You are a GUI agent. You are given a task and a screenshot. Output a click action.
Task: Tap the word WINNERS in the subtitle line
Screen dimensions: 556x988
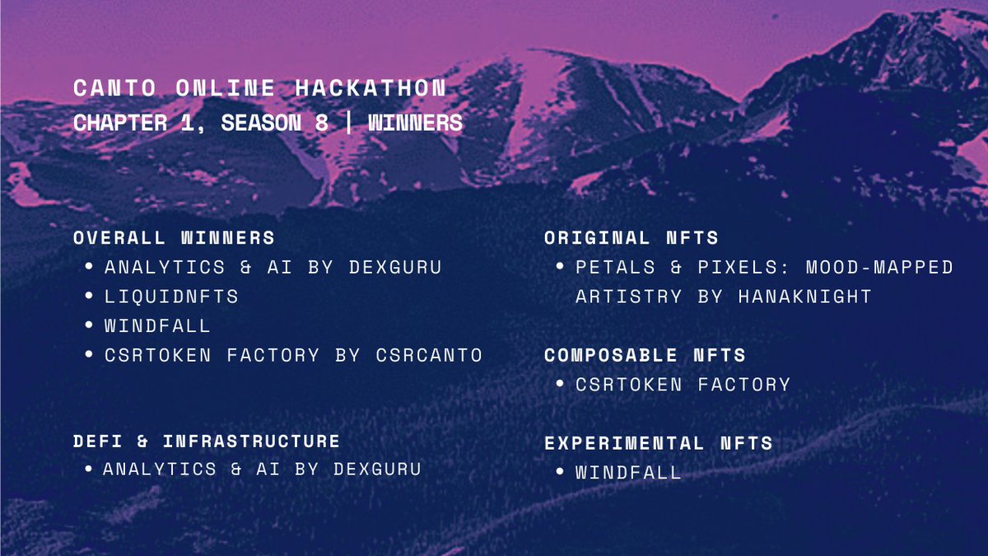click(x=415, y=124)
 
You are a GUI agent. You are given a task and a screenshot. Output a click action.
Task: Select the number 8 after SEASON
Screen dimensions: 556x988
click(x=321, y=124)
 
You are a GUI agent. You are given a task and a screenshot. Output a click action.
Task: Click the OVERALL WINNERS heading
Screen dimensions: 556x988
click(x=174, y=238)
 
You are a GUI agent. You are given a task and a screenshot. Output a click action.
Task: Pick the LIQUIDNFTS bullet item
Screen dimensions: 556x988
click(x=171, y=297)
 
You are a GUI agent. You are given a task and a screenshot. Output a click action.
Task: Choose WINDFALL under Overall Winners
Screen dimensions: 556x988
click(x=157, y=326)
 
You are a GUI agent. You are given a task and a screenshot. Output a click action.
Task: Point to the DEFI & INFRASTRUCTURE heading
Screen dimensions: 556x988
click(x=207, y=442)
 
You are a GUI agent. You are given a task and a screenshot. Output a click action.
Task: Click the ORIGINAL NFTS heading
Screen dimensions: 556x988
click(x=631, y=238)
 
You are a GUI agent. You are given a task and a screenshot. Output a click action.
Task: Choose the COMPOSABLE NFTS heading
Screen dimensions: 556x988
click(x=645, y=356)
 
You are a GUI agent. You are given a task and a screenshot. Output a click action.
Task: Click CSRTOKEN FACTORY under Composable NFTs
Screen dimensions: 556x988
click(x=683, y=385)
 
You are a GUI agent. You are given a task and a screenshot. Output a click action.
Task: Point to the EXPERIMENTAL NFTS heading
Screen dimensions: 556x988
click(x=659, y=443)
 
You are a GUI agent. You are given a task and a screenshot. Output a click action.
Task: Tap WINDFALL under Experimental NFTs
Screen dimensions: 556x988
click(x=628, y=473)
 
